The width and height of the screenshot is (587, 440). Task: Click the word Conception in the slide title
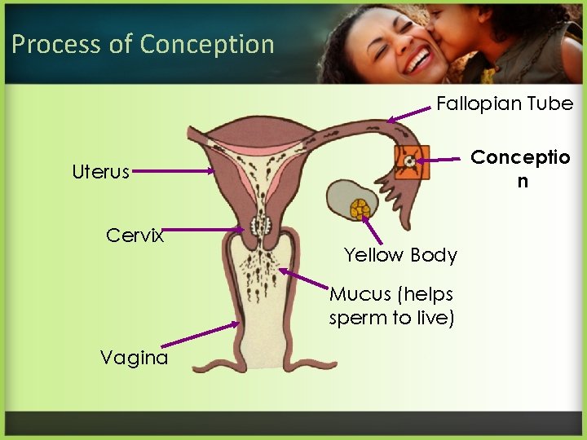click(207, 44)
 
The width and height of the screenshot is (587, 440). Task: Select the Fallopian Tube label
click(505, 103)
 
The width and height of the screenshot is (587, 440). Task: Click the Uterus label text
click(100, 172)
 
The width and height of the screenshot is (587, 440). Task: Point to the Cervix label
click(135, 235)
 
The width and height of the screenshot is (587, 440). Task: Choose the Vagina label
click(134, 357)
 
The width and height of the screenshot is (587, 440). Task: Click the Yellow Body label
click(400, 255)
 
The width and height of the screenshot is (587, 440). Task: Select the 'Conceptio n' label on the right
click(522, 168)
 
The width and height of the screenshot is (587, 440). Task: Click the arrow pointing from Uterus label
click(173, 171)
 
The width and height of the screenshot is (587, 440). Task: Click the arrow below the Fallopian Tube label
click(411, 114)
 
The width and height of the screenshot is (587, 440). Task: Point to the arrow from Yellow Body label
click(372, 230)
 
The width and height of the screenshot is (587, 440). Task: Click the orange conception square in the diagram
click(410, 162)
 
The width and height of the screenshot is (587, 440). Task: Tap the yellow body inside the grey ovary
click(360, 209)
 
